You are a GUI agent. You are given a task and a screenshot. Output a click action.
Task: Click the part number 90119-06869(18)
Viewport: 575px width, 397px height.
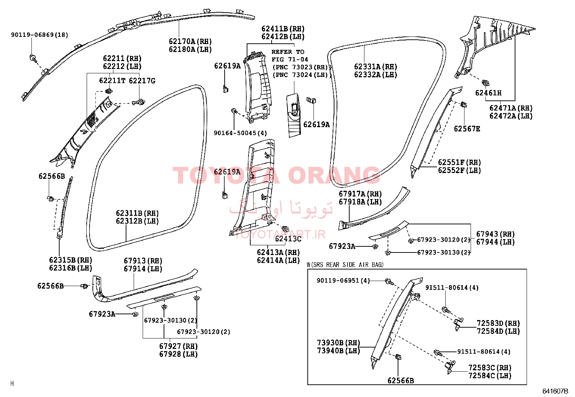[x=39, y=35]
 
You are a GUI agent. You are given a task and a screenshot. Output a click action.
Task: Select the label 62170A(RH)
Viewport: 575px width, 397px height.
[x=190, y=41]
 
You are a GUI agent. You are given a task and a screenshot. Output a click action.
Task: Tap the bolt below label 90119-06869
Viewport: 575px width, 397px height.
[x=33, y=58]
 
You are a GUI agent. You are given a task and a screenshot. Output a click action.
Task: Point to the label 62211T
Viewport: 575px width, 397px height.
[x=112, y=81]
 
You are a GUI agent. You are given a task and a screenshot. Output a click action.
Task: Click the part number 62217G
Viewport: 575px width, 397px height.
[x=142, y=81]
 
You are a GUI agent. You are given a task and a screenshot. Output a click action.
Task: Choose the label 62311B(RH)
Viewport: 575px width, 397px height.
[x=137, y=213]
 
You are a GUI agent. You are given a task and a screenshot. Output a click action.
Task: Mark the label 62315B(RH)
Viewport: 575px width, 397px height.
[x=70, y=260]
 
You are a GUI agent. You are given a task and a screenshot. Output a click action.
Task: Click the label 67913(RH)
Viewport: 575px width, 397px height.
[x=143, y=261]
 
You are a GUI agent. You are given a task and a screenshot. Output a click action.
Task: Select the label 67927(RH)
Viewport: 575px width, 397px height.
[x=178, y=346]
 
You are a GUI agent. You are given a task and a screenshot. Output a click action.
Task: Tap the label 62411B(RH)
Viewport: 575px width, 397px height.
[x=283, y=29]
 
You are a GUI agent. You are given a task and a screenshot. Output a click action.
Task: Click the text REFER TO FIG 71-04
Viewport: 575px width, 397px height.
[x=290, y=56]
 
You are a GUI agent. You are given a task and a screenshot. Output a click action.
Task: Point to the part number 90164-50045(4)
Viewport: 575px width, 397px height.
[x=240, y=133]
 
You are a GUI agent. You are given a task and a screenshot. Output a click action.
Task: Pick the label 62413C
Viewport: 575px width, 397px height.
[x=288, y=239]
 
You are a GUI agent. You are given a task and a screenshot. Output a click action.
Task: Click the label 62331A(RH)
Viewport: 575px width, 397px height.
[x=376, y=67]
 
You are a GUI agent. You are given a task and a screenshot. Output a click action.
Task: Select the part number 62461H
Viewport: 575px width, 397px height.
[x=488, y=93]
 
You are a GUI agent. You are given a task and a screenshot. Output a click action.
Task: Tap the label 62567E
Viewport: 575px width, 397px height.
[x=467, y=129]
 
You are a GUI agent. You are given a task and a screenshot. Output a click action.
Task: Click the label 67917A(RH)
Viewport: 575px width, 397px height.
[x=360, y=194]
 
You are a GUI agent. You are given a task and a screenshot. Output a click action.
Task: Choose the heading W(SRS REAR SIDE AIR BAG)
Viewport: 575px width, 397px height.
[x=345, y=265]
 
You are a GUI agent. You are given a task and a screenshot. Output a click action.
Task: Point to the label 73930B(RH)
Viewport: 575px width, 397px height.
[x=338, y=342]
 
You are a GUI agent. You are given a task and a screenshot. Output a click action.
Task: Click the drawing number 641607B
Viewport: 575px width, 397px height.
[x=555, y=391]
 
